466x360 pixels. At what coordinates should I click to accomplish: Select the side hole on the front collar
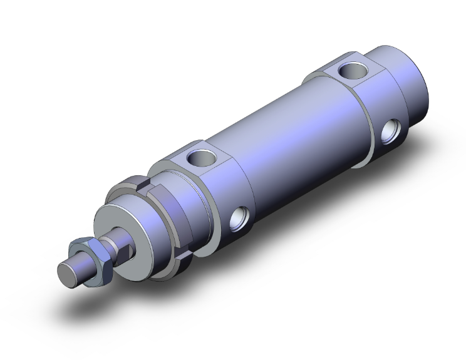click(239, 219)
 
